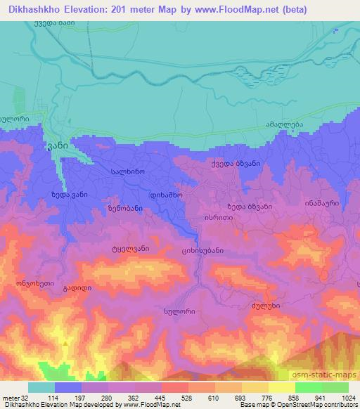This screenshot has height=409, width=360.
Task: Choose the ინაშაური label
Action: [x=323, y=202]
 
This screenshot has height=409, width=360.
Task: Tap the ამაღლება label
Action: [x=283, y=123]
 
